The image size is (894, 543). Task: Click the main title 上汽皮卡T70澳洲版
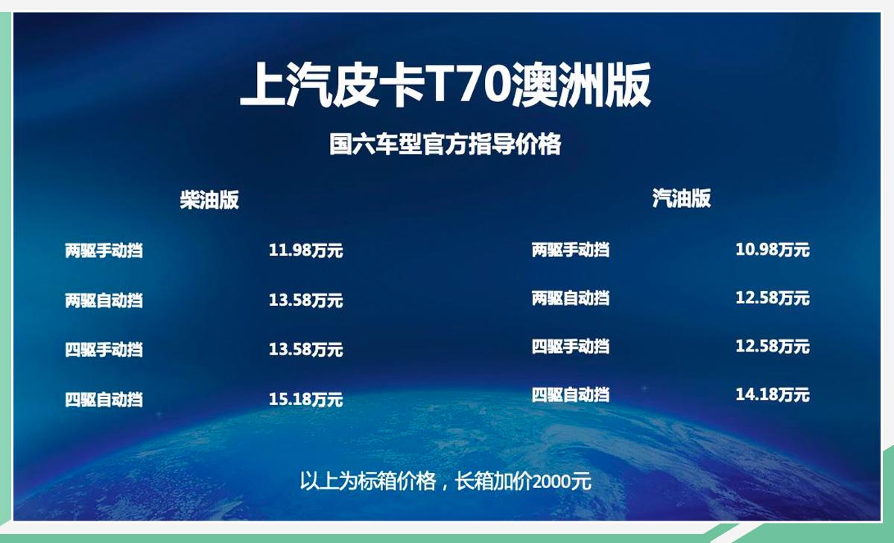[446, 85]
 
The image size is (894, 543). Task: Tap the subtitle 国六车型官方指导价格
[446, 144]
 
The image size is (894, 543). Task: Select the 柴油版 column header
[209, 200]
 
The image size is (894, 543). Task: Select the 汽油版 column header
[682, 198]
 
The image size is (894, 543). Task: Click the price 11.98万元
[305, 251]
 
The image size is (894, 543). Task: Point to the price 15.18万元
[305, 399]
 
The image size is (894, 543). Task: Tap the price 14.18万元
[772, 394]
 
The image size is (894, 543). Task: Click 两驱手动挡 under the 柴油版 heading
[104, 251]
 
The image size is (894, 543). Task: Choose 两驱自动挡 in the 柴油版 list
[104, 301]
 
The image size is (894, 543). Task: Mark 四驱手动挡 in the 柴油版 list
[104, 349]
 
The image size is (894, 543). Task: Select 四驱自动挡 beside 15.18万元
[104, 399]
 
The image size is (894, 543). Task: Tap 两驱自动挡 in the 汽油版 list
[570, 299]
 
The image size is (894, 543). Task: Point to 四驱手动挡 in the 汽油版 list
[570, 346]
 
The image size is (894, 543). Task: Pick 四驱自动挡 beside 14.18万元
[570, 394]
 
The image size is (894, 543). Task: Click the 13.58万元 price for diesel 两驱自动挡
[305, 301]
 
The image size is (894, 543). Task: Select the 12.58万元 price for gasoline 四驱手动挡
[772, 346]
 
